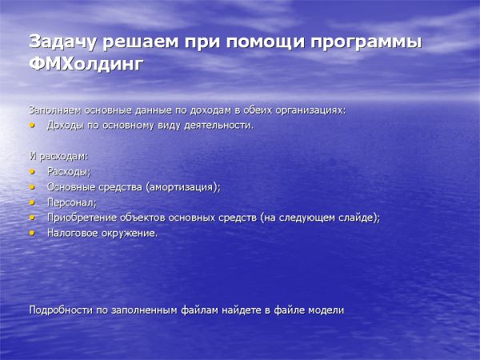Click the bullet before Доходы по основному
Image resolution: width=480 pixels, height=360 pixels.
pos(33,125)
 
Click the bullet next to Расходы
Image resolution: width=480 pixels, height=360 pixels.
pos(33,171)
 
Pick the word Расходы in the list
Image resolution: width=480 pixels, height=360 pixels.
pos(69,171)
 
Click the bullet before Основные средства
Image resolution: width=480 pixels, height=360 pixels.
pos(33,186)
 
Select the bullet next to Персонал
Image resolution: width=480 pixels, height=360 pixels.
pos(33,202)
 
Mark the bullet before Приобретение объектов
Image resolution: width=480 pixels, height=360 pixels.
pos(33,218)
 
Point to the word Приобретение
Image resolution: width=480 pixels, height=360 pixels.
pos(82,218)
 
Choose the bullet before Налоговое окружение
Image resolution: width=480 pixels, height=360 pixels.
pos(33,233)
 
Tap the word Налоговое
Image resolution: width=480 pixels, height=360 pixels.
pos(73,233)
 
